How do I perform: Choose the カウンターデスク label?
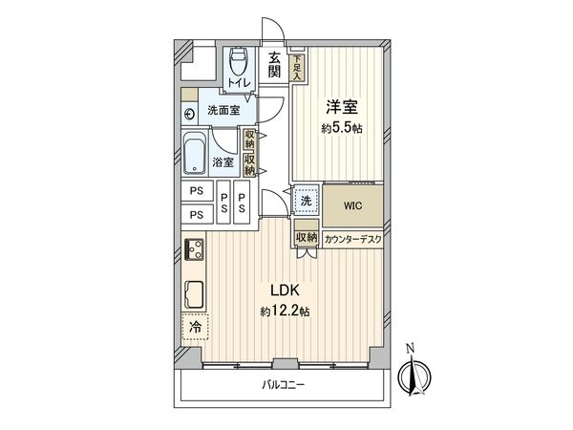coord(351,238)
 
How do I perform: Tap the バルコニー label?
coord(284,385)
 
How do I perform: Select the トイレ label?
coord(237,83)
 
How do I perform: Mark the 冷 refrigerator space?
coord(195,327)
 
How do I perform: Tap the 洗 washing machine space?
coord(306,201)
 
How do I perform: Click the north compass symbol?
coord(414,375)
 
